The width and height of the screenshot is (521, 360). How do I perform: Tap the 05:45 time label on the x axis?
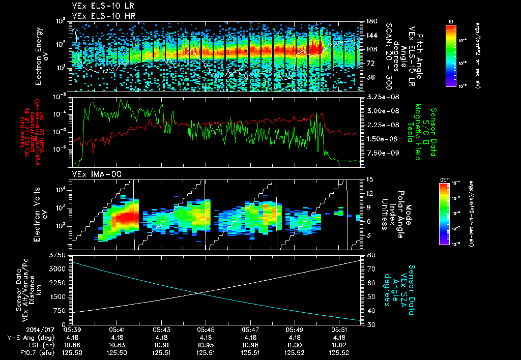point(206,329)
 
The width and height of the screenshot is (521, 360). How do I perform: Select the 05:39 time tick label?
point(72,329)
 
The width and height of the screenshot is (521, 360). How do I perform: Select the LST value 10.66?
point(72,345)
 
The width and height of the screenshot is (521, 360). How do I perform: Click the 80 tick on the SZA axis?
point(366,255)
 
